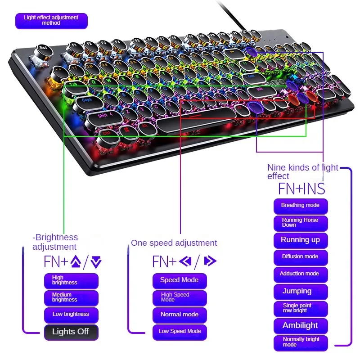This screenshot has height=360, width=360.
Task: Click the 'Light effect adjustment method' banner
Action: click(51, 21)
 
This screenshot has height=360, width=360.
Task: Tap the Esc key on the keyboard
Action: click(44, 48)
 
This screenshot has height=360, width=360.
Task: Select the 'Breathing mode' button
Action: click(301, 206)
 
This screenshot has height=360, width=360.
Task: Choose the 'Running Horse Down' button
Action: click(301, 223)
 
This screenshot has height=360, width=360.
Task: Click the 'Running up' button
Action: click(301, 240)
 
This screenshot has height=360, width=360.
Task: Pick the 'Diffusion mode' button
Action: click(301, 257)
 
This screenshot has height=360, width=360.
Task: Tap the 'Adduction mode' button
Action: click(301, 274)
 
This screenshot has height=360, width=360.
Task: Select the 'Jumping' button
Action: click(301, 291)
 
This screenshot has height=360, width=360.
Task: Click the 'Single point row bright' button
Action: click(301, 308)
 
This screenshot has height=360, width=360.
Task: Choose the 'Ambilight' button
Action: click(301, 325)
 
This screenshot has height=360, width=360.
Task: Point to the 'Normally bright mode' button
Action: click(301, 342)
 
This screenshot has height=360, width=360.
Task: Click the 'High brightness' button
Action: click(71, 280)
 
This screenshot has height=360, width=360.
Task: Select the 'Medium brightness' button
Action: click(71, 297)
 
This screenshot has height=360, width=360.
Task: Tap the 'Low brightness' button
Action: click(71, 315)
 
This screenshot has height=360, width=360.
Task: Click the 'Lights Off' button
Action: click(71, 332)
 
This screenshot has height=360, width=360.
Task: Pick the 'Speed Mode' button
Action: click(180, 280)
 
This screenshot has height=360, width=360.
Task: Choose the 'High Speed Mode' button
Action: click(180, 297)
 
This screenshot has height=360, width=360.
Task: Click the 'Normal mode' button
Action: click(180, 315)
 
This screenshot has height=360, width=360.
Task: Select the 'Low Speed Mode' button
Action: click(180, 332)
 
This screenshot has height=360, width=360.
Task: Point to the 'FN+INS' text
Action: click(301, 188)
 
